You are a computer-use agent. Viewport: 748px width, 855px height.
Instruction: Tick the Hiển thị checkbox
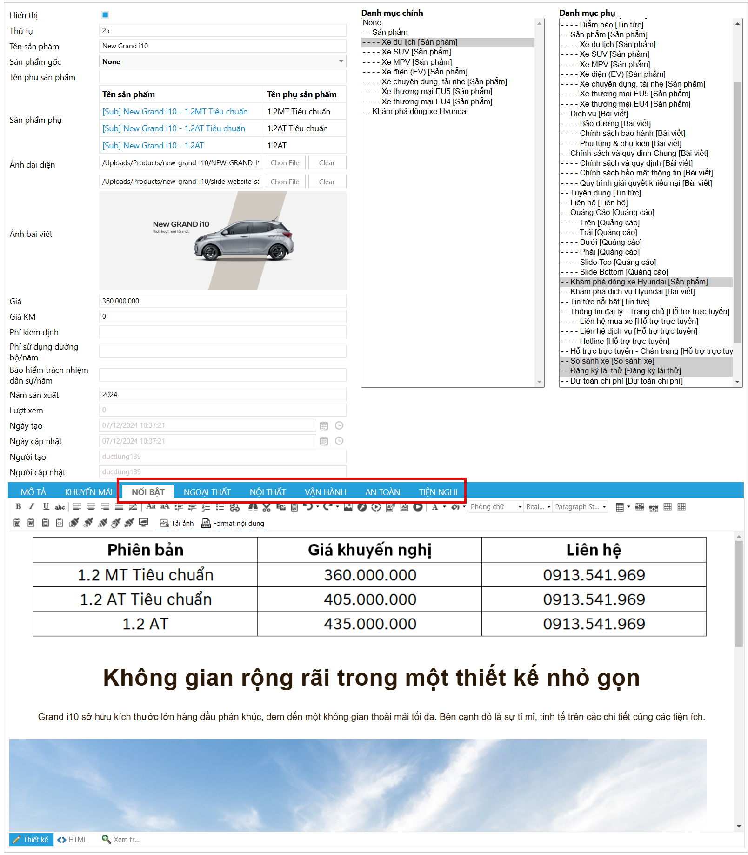[105, 15]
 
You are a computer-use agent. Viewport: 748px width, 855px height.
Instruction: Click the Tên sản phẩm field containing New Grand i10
[222, 46]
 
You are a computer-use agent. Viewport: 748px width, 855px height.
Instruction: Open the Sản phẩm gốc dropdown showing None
[222, 61]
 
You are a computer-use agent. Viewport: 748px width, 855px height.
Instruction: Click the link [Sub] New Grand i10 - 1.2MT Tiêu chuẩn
[175, 112]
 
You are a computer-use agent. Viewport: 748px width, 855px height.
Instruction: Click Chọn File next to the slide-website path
[285, 182]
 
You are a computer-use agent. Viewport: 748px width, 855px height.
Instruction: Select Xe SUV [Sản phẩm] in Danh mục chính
[416, 52]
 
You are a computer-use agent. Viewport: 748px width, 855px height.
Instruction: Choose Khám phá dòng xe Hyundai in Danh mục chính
[420, 111]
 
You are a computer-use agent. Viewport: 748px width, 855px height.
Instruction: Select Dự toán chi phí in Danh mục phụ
[626, 381]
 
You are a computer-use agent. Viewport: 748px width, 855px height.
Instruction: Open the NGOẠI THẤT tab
[207, 492]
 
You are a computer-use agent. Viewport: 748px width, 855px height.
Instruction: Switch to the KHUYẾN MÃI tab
[88, 492]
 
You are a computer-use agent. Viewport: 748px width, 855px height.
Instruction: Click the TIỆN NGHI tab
[438, 492]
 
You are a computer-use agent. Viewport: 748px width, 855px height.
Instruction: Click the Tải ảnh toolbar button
[177, 523]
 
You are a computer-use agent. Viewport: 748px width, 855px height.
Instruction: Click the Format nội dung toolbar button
[233, 523]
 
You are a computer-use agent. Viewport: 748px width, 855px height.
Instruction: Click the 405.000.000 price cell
[370, 599]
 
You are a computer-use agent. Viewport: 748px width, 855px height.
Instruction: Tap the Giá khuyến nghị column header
[370, 550]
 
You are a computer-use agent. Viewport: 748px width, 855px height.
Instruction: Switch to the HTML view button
[73, 840]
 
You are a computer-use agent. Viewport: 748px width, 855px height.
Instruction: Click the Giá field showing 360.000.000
[222, 301]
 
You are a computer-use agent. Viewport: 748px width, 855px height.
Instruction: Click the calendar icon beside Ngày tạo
[324, 425]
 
